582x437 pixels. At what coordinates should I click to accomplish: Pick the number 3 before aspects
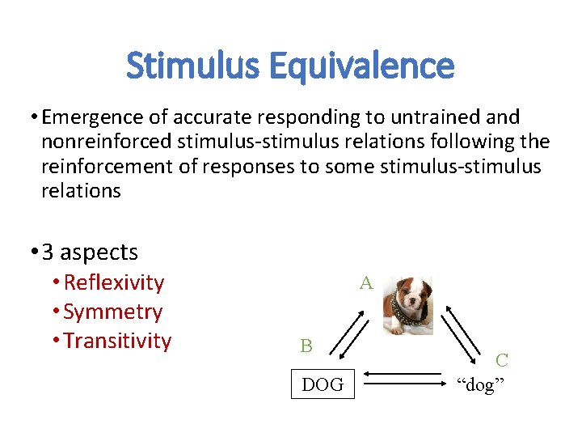48,252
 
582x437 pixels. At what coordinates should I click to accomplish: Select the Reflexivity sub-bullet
113,282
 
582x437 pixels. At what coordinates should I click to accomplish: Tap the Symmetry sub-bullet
112,312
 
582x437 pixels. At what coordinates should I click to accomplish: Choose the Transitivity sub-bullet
117,341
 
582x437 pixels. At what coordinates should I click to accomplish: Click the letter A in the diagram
366,282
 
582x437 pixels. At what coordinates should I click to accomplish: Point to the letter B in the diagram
306,346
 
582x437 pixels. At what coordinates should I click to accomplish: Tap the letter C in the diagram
502,361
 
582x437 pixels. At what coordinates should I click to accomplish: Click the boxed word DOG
322,384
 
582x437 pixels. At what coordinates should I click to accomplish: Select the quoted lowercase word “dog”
479,384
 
